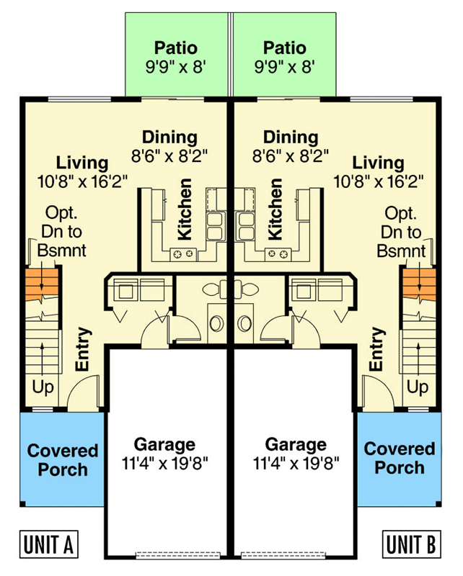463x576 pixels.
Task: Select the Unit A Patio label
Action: [175, 48]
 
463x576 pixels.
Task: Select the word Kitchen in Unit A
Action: [185, 209]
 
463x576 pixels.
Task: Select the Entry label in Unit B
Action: [376, 349]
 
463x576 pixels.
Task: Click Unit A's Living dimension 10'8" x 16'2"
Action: [82, 181]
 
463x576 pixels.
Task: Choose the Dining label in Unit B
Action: [291, 137]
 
